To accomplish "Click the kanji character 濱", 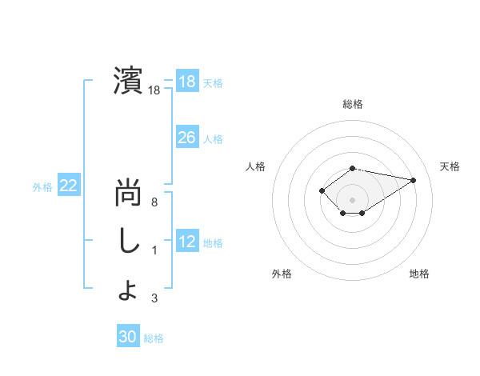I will [x=128, y=80].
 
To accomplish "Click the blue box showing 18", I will [x=186, y=82].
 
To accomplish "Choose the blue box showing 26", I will [x=186, y=138].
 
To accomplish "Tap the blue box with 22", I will [x=68, y=186].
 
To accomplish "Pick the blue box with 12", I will [x=186, y=242].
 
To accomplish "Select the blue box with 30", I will [x=128, y=337].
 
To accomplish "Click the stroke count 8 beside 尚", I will [x=154, y=202].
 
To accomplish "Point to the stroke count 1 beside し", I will [x=154, y=250].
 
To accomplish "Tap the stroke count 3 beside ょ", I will [x=154, y=299].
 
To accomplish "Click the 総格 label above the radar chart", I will [x=352, y=104].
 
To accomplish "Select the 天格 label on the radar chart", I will [x=450, y=166].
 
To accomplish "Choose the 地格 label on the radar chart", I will [x=419, y=274].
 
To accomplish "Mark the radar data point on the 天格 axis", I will [x=413, y=179].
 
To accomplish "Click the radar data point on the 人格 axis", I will [x=322, y=190].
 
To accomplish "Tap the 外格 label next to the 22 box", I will [x=42, y=187].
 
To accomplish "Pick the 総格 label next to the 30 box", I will [x=154, y=338].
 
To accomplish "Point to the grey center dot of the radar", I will [x=352, y=200].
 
